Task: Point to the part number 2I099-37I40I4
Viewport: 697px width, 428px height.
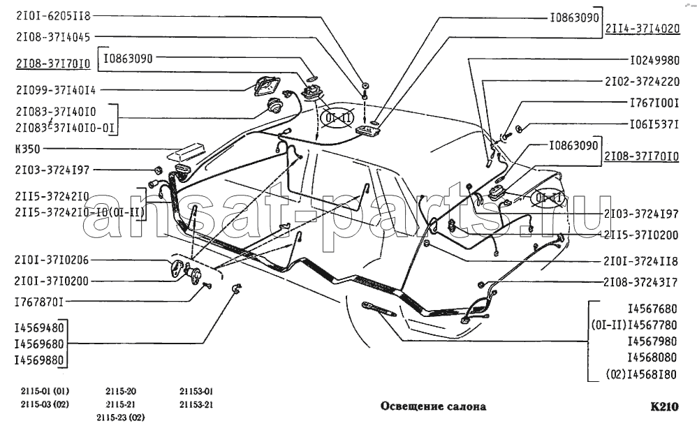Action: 55,89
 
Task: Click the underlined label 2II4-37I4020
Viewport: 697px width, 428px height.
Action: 642,29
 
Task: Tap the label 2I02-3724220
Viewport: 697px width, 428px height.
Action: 641,81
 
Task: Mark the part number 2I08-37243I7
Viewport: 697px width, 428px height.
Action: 641,283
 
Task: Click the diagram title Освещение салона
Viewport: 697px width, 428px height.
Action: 433,406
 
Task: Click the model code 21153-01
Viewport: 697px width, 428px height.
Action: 196,391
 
